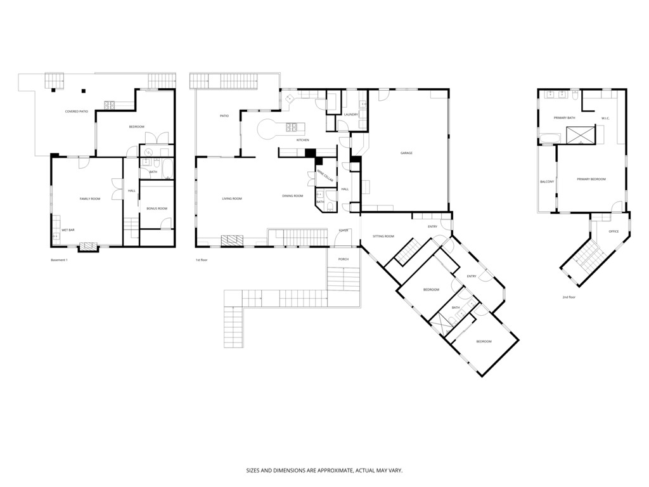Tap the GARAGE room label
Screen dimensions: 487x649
tap(406, 153)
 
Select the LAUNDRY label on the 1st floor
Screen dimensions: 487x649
tap(351, 115)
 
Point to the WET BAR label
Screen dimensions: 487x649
tap(68, 230)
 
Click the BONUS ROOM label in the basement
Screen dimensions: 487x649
tap(156, 209)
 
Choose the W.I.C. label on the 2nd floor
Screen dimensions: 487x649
tap(605, 118)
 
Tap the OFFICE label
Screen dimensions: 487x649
tap(614, 231)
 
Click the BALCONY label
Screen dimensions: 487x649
tap(547, 182)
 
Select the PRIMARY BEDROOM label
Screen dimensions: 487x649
tap(591, 179)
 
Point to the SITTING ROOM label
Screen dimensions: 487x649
tap(383, 236)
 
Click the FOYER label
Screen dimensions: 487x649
tap(344, 230)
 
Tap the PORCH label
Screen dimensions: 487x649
tap(343, 259)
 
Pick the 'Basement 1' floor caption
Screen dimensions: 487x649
tap(59, 260)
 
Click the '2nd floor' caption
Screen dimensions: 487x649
tap(569, 297)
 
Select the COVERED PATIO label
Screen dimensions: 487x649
tap(77, 112)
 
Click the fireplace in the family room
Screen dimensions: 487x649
tap(88, 246)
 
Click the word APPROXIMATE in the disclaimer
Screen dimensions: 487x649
tap(320, 471)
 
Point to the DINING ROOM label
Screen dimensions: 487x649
tap(293, 196)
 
